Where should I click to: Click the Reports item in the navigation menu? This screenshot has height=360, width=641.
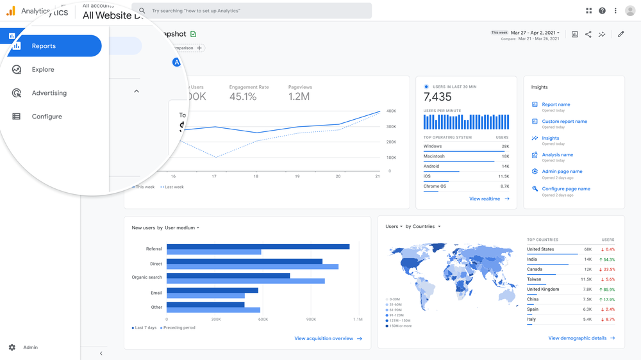tap(44, 46)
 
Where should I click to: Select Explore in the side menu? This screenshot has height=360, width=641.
tap(43, 70)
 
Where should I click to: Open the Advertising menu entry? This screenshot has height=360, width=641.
tap(49, 93)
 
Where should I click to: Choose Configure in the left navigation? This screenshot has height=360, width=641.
tap(47, 117)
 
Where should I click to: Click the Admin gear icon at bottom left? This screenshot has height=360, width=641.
tap(12, 347)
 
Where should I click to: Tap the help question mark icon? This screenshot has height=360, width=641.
tap(602, 11)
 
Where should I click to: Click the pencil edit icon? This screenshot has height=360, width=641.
tap(620, 35)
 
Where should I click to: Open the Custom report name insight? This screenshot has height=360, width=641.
tap(564, 121)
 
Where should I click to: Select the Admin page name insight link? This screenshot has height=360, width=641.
tap(562, 172)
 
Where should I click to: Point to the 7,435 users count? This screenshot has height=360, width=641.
tap(438, 97)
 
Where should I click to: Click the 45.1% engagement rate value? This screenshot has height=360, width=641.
tap(243, 97)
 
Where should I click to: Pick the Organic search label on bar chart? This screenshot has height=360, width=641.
tap(147, 277)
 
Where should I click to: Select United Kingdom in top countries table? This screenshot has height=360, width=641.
tap(542, 290)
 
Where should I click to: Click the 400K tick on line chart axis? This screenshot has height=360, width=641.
tap(392, 111)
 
